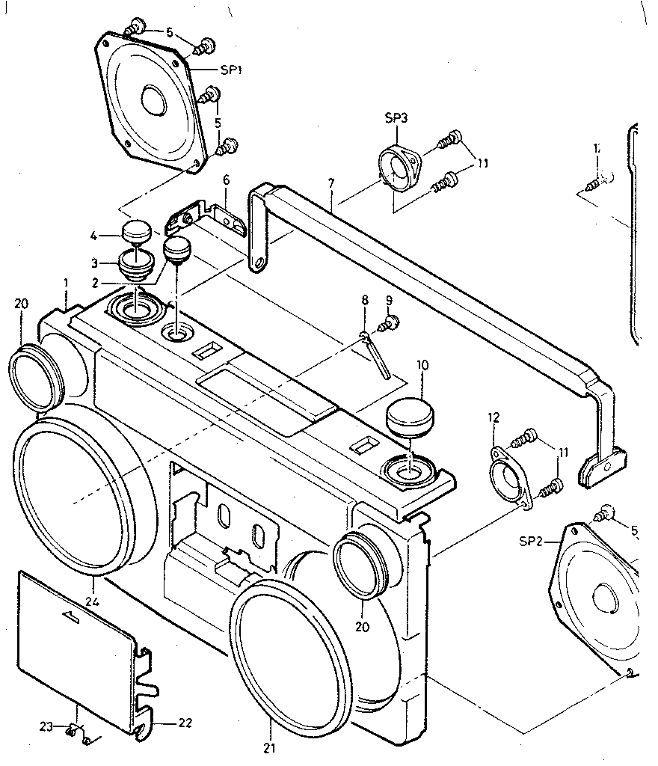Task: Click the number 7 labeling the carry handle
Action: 330,183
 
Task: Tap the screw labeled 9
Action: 389,324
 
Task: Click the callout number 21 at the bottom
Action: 269,747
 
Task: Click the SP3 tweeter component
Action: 399,169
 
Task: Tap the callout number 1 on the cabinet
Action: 66,284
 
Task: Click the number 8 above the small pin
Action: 365,300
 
